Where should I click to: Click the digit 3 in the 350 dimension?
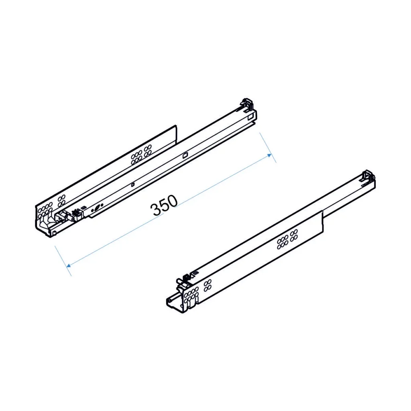tap(155, 210)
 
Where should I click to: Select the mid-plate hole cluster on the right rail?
tap(287, 239)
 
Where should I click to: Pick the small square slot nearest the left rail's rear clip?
tap(251, 117)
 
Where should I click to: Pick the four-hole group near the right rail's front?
tap(208, 286)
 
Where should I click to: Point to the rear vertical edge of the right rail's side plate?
tap(323, 222)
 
